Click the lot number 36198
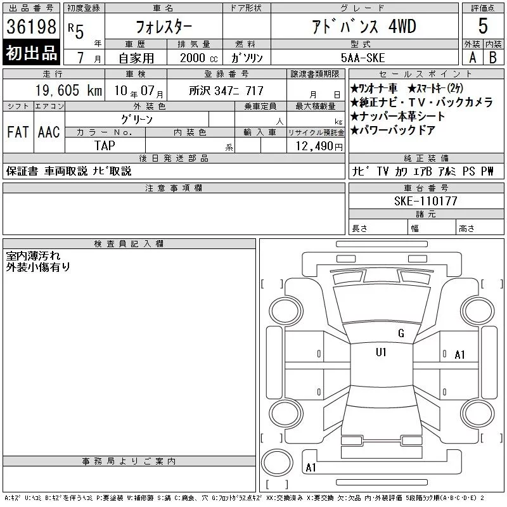click(x=31, y=27)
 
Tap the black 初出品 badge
click(x=31, y=53)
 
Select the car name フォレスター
click(x=164, y=27)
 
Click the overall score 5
click(x=483, y=26)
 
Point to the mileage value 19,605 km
click(x=68, y=91)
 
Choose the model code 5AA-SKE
click(x=363, y=58)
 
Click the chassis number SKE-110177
click(x=425, y=201)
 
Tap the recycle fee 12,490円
click(x=319, y=146)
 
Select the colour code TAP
click(x=105, y=146)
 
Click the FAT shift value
click(x=18, y=132)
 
